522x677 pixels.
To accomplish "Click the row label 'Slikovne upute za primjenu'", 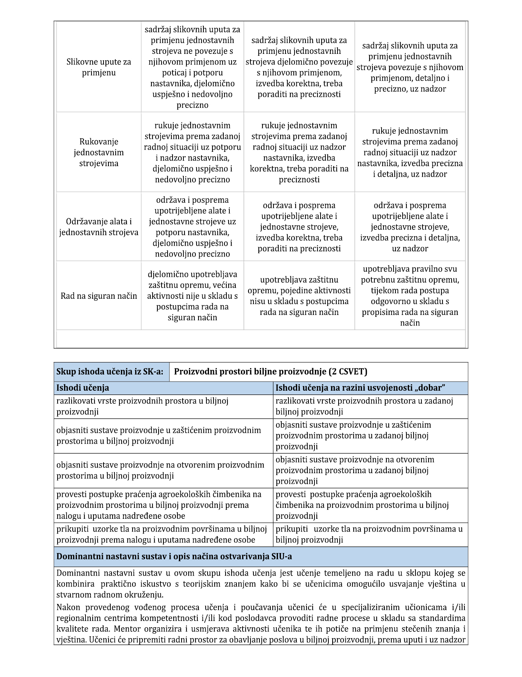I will pyautogui.click(x=99, y=67).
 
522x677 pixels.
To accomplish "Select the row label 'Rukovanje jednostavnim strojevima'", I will pyautogui.click(x=99, y=152).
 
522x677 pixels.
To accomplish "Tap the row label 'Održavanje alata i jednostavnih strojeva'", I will pyautogui.click(x=99, y=227).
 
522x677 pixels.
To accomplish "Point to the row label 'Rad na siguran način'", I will pyautogui.click(x=99, y=296).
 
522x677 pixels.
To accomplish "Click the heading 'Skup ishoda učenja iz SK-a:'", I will pyautogui.click(x=110, y=371).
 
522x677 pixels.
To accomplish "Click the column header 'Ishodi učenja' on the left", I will pyautogui.click(x=83, y=388).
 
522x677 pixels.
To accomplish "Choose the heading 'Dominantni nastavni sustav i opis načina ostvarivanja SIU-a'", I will pyautogui.click(x=174, y=556).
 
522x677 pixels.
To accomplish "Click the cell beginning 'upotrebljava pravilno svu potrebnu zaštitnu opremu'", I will pyautogui.click(x=410, y=296).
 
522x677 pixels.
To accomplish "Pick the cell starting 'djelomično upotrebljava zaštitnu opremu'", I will pyautogui.click(x=192, y=296).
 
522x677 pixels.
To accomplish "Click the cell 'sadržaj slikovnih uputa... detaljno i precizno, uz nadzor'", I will pyautogui.click(x=410, y=67).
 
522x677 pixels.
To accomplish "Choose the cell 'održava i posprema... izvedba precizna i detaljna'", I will pyautogui.click(x=410, y=227).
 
